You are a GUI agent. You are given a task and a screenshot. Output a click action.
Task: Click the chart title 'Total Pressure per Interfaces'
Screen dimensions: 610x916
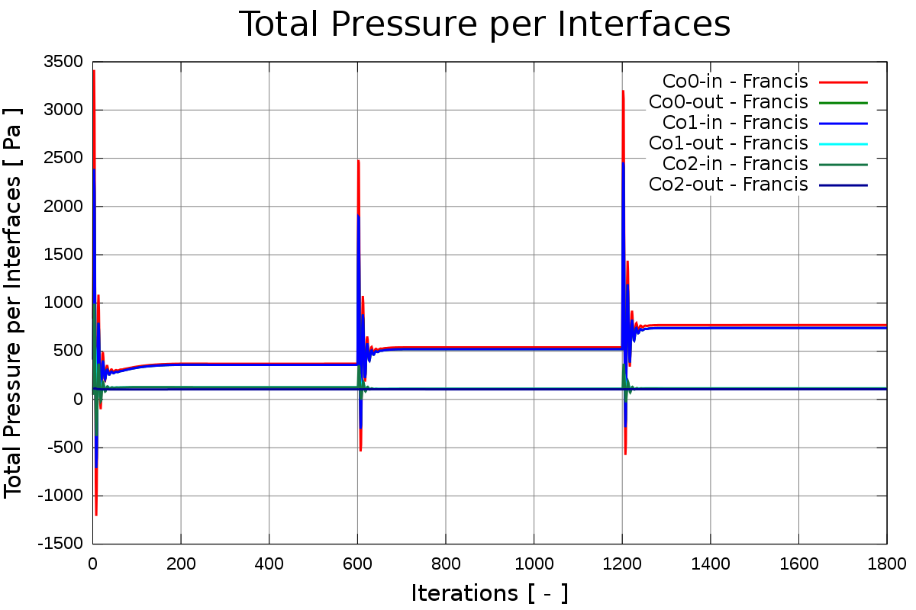coord(485,24)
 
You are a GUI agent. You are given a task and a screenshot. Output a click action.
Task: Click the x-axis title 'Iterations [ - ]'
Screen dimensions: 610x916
coord(489,592)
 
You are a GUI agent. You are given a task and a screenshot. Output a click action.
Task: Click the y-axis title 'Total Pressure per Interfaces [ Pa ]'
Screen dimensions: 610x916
coord(14,302)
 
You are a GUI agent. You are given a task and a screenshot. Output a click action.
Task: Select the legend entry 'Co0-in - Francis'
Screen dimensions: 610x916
coord(734,81)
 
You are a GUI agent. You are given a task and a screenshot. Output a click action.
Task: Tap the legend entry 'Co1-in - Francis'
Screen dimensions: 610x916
coord(734,122)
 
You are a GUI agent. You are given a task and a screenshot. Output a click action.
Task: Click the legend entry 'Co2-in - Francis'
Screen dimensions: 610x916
coord(734,163)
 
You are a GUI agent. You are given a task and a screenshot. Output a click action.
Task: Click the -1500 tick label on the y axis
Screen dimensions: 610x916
coord(63,544)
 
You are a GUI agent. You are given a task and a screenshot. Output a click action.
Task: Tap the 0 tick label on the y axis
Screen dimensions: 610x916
coord(77,400)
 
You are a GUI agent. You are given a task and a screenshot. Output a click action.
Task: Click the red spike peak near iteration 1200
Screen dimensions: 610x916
coord(623,91)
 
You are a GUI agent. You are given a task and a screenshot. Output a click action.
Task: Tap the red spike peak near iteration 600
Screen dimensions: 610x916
coord(357,160)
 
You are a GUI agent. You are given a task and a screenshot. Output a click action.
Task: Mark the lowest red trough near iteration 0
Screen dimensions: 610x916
coord(96,515)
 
